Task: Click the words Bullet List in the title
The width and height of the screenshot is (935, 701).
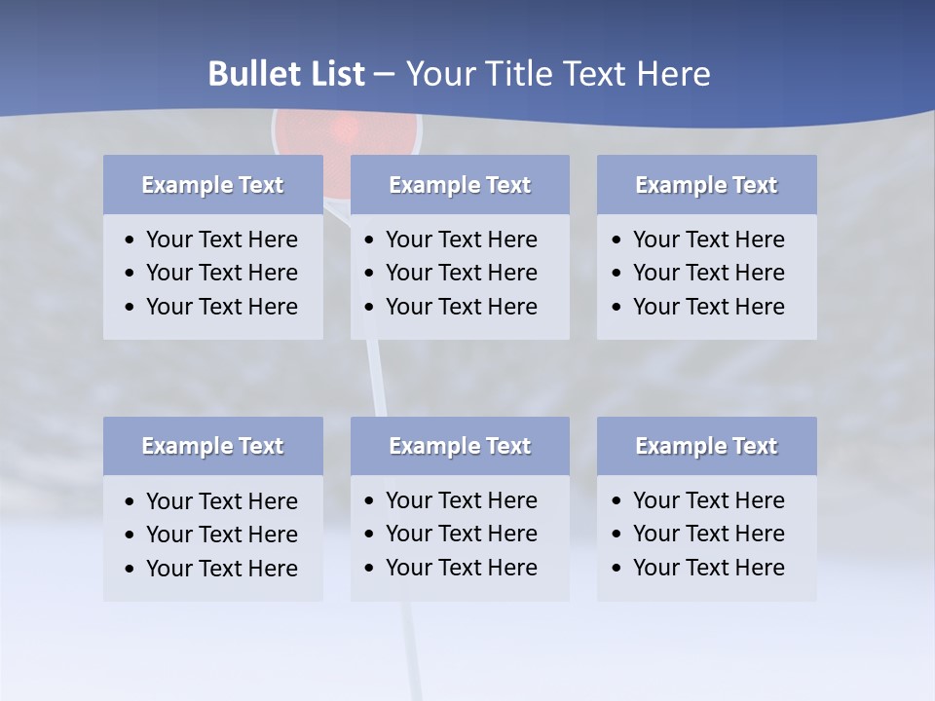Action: point(286,74)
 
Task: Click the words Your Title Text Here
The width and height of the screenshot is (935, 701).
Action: point(557,74)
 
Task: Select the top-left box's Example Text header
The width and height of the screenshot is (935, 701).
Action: point(212,185)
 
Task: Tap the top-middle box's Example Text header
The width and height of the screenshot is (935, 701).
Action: point(460,185)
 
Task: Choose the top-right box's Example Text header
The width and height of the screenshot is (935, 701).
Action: point(706,185)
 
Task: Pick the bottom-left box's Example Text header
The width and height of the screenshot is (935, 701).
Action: point(212,446)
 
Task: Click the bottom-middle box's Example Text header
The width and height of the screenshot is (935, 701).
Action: point(460,446)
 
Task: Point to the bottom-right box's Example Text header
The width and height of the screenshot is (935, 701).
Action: point(706,446)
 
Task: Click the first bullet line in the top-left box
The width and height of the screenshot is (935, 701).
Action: point(221,240)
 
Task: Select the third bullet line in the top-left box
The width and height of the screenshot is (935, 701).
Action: point(221,307)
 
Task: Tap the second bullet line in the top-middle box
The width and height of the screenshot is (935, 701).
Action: point(461,273)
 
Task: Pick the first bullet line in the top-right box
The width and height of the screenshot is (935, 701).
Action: point(708,240)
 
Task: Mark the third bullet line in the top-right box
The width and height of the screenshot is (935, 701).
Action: point(708,307)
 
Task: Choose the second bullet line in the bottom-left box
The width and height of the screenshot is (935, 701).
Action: point(221,535)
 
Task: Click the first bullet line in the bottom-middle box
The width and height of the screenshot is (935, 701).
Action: point(461,500)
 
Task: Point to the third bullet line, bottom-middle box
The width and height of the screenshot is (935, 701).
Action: point(461,568)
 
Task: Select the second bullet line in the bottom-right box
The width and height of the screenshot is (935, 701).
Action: point(708,534)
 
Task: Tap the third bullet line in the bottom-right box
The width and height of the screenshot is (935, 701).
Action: point(708,568)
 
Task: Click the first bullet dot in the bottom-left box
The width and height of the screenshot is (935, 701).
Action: point(131,502)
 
